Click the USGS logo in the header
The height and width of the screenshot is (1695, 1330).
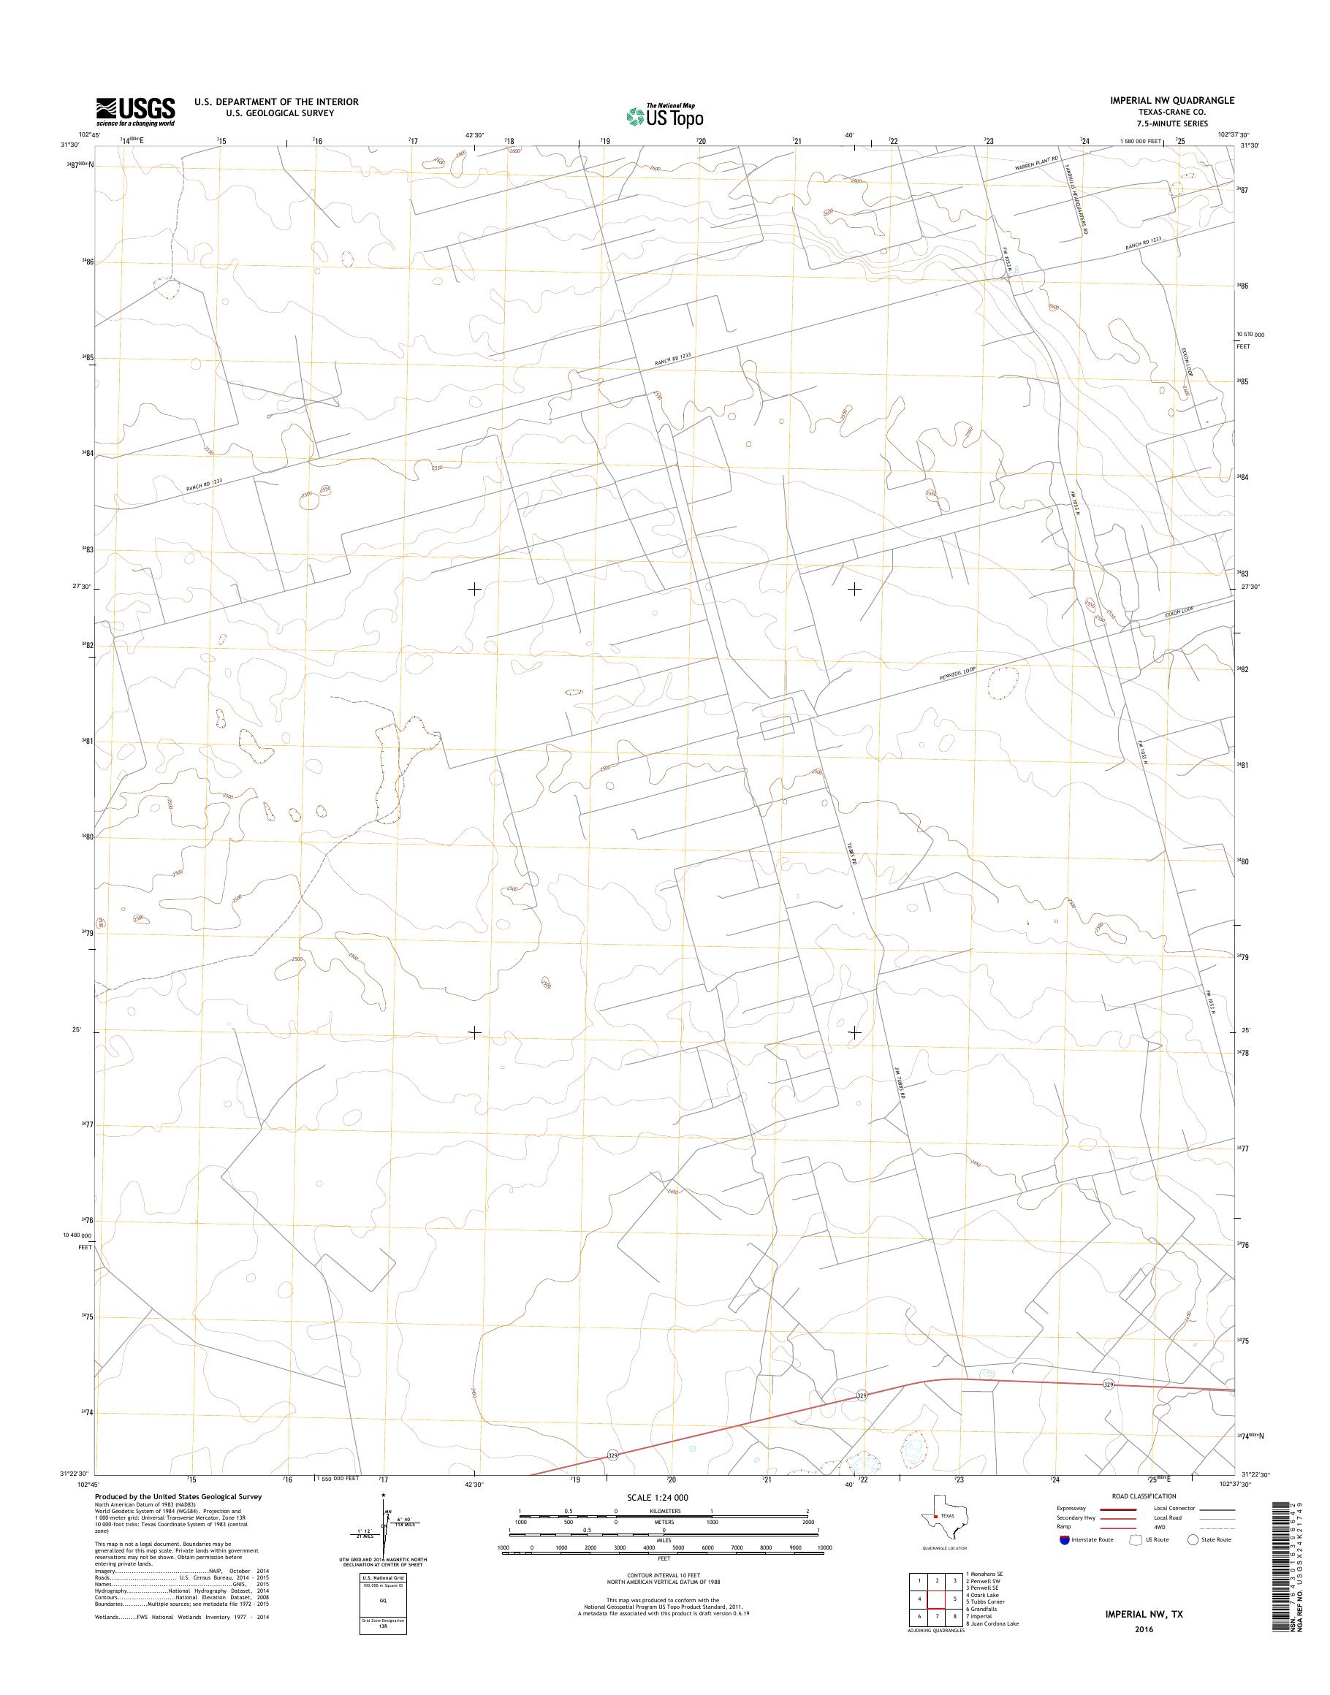pyautogui.click(x=135, y=111)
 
